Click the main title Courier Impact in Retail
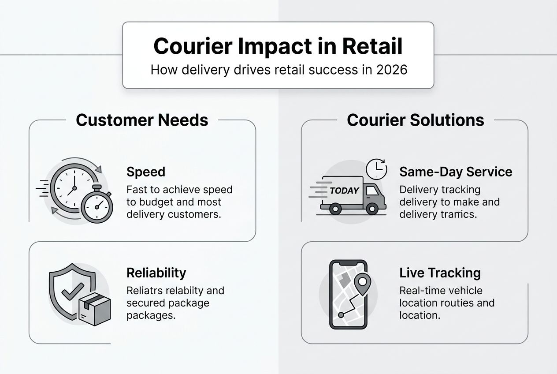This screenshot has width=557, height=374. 278,46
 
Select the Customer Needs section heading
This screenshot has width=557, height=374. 142,120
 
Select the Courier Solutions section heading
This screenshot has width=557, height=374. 415,120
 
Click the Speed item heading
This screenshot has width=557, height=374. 145,172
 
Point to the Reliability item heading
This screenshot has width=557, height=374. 156,273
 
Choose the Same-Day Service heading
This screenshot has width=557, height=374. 456,172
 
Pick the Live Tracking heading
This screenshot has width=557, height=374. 440,273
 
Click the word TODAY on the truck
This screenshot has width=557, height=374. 344,191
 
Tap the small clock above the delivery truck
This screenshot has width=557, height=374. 376,169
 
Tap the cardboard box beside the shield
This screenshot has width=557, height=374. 94,309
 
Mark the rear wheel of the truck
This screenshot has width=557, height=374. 335,209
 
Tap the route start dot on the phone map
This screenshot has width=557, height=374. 341,315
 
